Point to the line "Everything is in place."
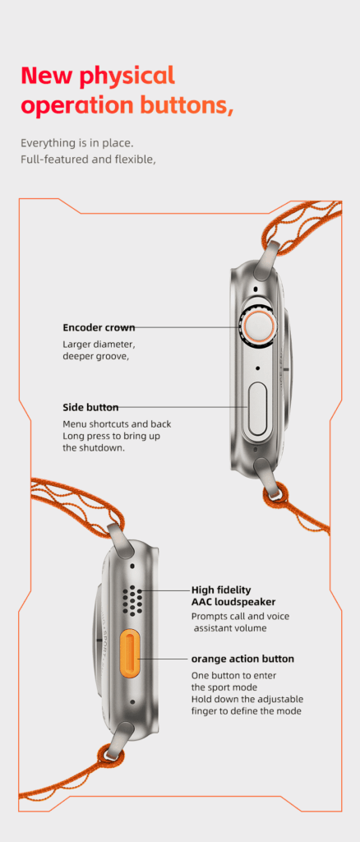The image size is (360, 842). [76, 143]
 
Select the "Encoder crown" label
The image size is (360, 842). [99, 327]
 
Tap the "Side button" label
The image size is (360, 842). [90, 408]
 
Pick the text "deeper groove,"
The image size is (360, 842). [96, 355]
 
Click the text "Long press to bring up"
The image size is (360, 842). [111, 436]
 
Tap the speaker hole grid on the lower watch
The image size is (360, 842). [132, 600]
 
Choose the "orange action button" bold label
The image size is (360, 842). [242, 659]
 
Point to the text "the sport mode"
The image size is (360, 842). [224, 687]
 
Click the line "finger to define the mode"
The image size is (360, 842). [247, 711]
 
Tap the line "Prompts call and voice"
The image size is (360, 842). [240, 617]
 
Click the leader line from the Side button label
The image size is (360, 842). [183, 408]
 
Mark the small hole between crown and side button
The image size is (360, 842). [259, 369]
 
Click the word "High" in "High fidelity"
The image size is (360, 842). [203, 590]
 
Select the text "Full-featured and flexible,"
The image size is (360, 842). [88, 160]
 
